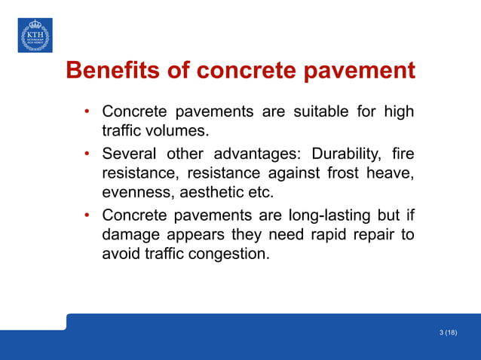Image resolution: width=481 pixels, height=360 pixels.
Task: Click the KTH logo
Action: (35, 35)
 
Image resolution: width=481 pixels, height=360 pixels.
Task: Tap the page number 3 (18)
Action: (447, 332)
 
